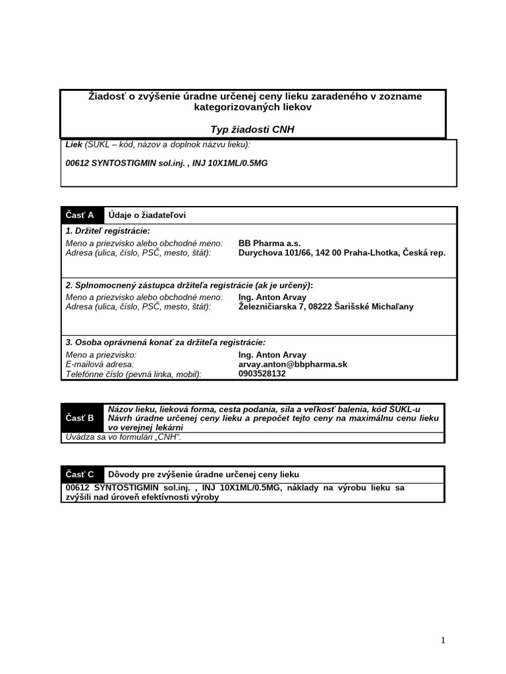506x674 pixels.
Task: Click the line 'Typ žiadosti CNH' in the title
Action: click(x=252, y=130)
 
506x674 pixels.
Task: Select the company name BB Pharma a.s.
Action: click(x=269, y=243)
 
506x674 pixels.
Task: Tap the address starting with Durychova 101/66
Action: click(x=341, y=252)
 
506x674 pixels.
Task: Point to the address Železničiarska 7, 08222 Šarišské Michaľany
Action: click(x=325, y=306)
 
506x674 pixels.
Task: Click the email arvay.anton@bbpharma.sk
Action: click(x=293, y=364)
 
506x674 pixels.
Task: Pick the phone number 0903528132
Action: click(x=262, y=373)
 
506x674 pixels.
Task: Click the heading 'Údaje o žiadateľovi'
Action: click(x=152, y=215)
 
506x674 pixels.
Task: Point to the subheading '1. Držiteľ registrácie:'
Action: click(x=107, y=231)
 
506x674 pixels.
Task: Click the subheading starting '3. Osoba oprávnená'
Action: click(x=165, y=342)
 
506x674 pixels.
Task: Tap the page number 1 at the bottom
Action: click(x=443, y=640)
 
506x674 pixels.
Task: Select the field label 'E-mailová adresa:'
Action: click(x=100, y=364)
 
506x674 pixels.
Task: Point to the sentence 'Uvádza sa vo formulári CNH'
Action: click(x=123, y=437)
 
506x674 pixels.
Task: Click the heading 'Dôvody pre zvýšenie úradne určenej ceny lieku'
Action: click(x=204, y=475)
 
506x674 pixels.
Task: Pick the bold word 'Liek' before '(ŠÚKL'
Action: click(x=74, y=144)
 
